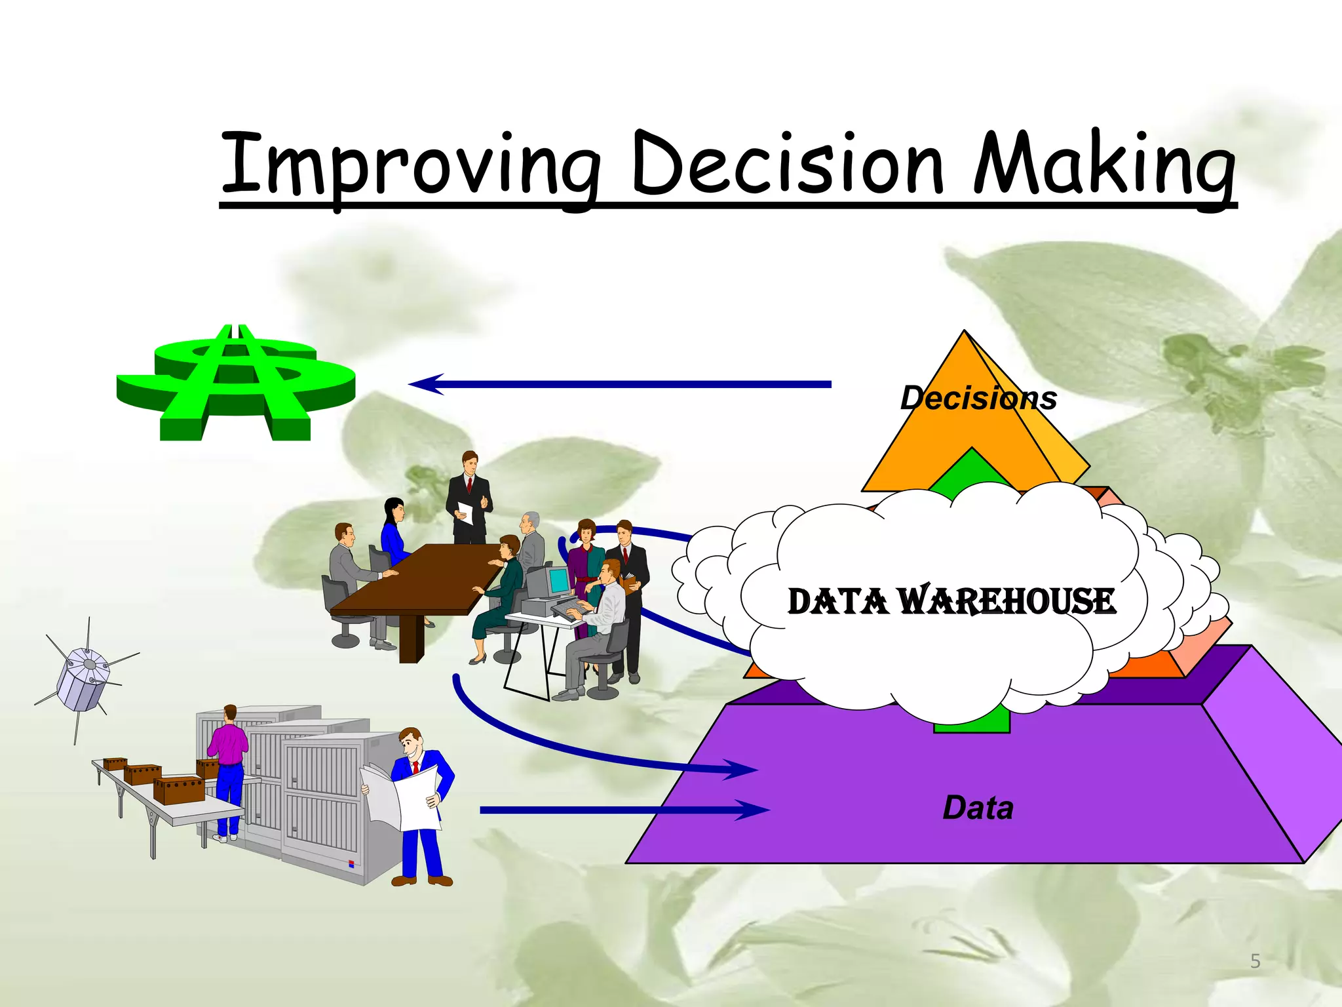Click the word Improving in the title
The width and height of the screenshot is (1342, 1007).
(x=410, y=164)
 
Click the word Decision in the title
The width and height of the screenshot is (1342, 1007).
(x=786, y=164)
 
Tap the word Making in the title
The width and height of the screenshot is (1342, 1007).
(x=1104, y=164)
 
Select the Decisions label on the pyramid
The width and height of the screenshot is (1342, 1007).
(x=978, y=398)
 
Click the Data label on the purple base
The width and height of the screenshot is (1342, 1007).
(x=978, y=808)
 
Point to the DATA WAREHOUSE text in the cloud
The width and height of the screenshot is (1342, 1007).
(x=951, y=601)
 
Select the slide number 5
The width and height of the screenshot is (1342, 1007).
(x=1255, y=961)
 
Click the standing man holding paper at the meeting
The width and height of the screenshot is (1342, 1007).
(x=469, y=498)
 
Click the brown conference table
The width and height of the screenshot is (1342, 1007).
(x=419, y=583)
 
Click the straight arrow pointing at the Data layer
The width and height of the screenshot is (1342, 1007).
(x=623, y=810)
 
